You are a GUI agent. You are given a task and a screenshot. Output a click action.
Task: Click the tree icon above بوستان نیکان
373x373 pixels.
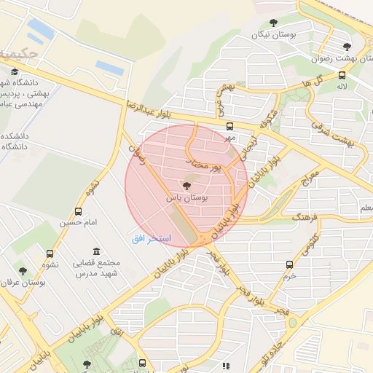273,23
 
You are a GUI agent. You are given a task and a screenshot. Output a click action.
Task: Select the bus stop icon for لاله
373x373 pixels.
342,75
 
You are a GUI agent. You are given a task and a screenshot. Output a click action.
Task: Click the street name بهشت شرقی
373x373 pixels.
339,133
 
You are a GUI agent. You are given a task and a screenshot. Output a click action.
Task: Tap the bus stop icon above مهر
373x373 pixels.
230,125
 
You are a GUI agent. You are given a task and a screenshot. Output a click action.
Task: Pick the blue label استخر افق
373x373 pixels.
151,239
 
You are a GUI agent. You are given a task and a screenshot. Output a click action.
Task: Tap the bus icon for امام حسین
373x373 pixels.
78,211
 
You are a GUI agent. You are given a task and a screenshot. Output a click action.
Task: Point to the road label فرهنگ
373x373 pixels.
306,217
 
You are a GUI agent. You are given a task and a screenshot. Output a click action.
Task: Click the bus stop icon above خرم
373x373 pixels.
290,264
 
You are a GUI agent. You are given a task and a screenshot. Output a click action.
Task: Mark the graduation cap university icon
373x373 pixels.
15,71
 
